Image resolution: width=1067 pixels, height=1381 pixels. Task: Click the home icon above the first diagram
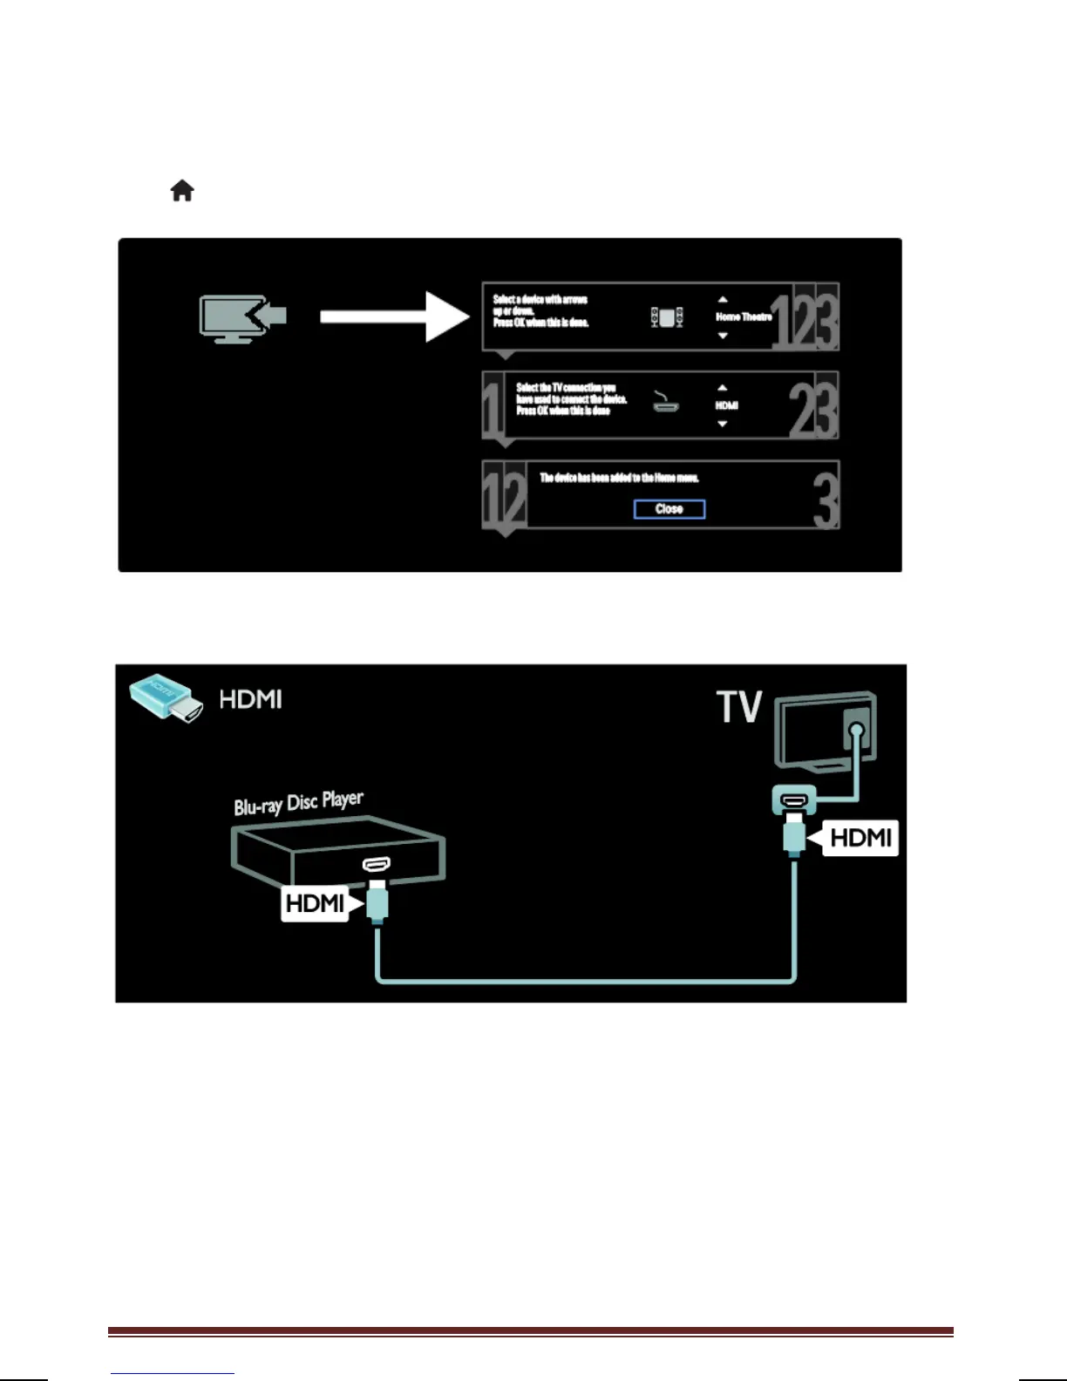(182, 190)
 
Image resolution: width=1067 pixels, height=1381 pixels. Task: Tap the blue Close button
(669, 509)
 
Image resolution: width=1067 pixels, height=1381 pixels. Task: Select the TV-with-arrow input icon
(241, 318)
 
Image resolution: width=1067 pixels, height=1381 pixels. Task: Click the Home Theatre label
(744, 317)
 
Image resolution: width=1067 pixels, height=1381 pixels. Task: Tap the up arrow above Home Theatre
(723, 300)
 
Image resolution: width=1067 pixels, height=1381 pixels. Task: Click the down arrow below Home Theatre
(723, 336)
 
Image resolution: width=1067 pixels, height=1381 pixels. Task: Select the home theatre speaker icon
(667, 317)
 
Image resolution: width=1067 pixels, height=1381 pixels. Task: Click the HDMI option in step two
(726, 405)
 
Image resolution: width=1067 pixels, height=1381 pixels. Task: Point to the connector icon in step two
(666, 403)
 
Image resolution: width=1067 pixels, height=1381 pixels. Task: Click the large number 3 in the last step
(825, 496)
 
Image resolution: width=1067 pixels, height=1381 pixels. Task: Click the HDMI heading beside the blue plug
(250, 700)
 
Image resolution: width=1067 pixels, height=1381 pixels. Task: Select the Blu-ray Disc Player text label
(298, 803)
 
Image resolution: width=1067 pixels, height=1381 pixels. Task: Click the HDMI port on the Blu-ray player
(377, 864)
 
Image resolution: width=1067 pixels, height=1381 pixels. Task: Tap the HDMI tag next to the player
(314, 903)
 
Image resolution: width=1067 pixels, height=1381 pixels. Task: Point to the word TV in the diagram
(739, 707)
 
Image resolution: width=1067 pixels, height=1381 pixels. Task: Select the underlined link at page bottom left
(173, 1373)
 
